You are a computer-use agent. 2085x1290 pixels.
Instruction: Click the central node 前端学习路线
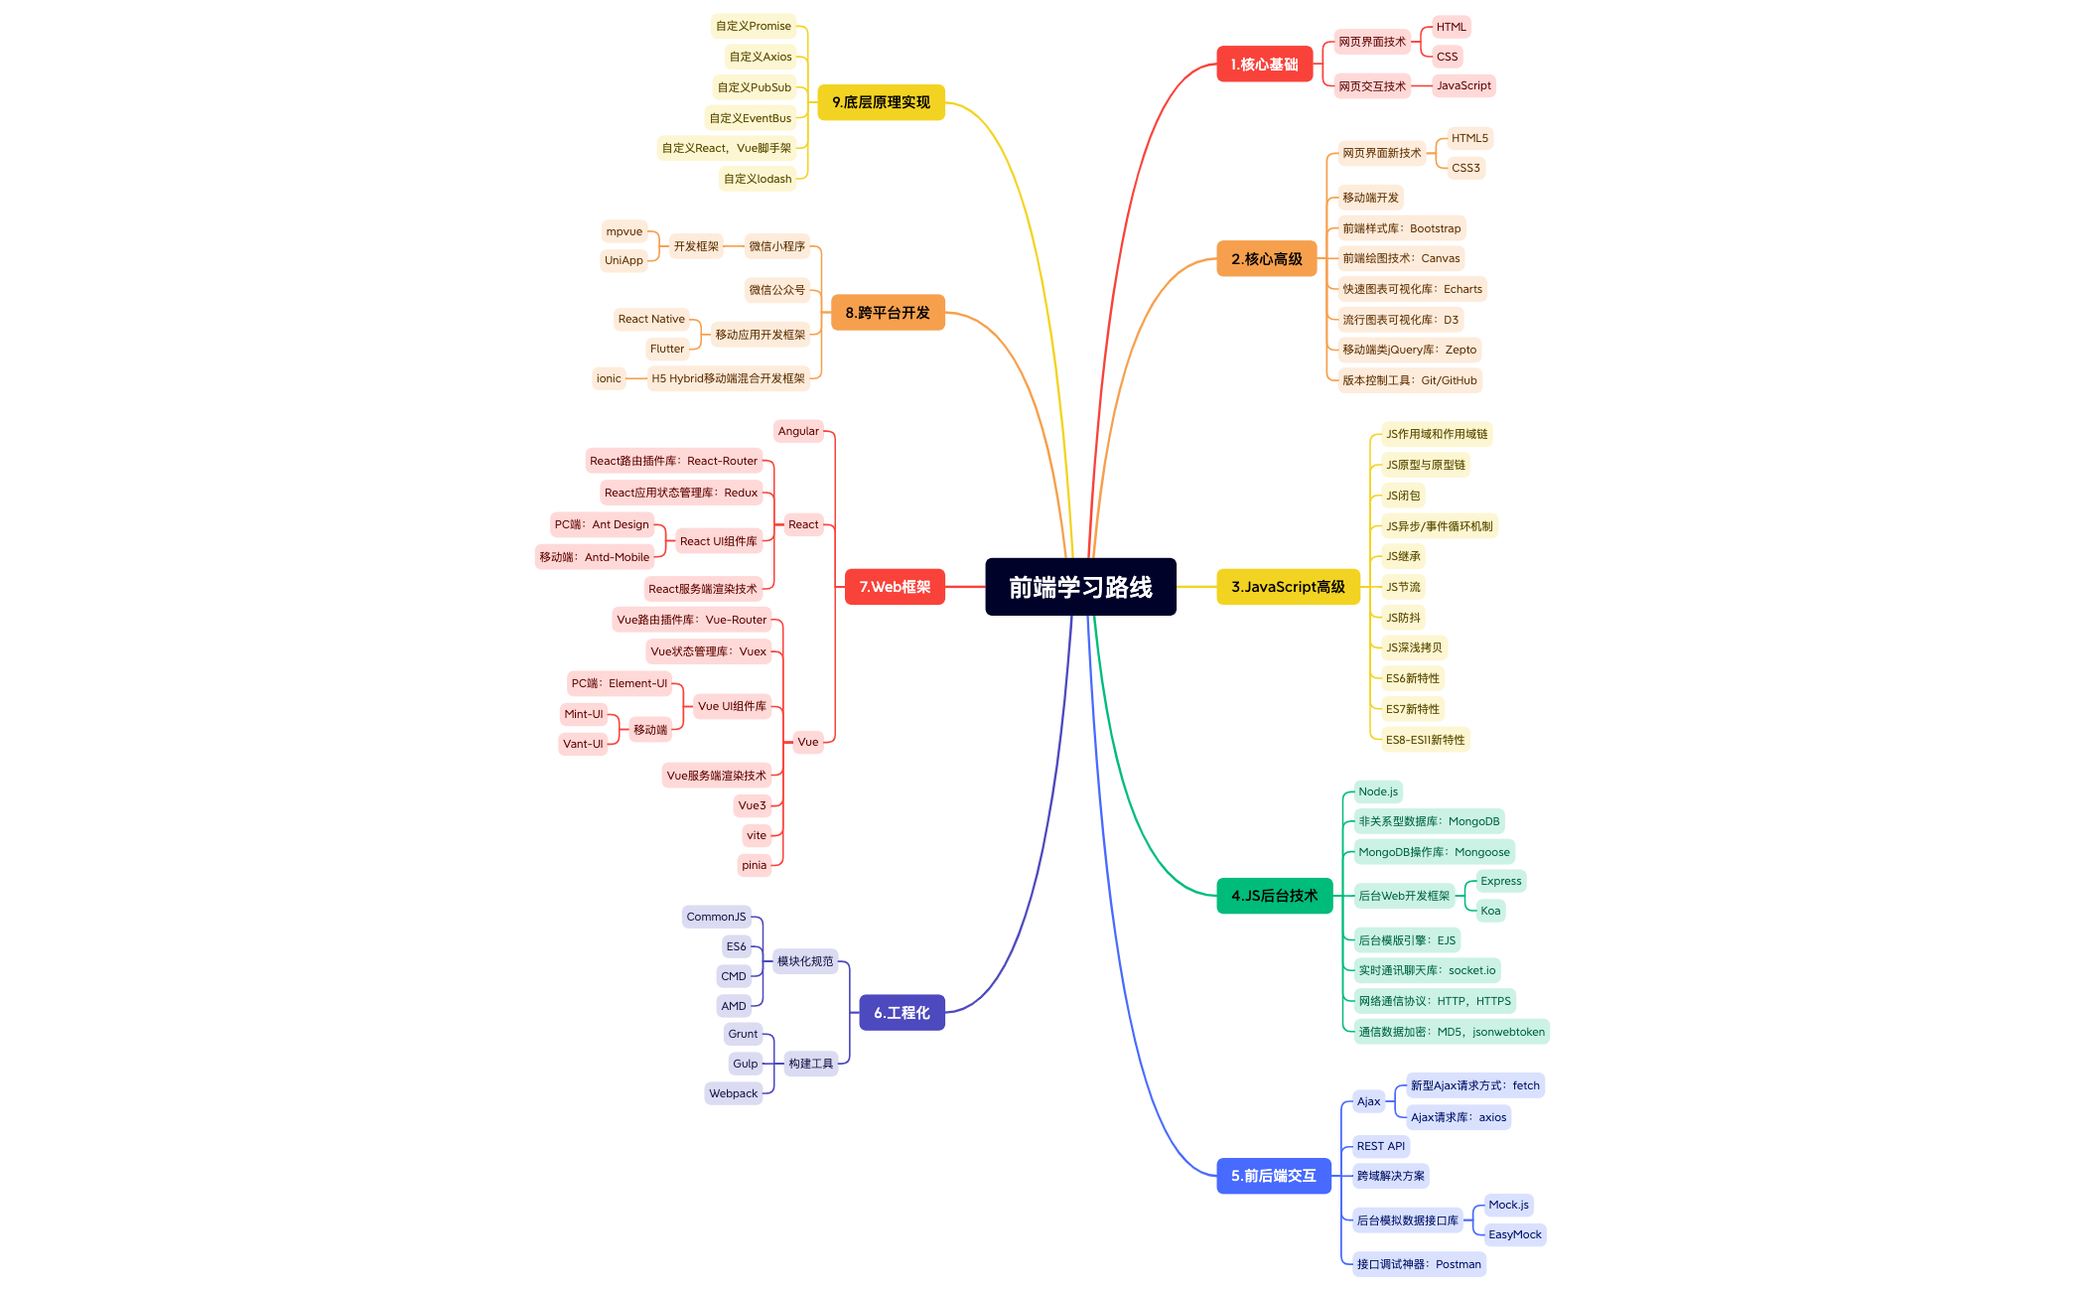(x=1080, y=587)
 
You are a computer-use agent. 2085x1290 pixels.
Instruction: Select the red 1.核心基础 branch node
(x=1264, y=65)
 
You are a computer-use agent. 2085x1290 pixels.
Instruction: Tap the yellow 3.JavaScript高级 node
(x=1288, y=587)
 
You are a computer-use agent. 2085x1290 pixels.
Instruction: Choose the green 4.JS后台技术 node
(x=1274, y=896)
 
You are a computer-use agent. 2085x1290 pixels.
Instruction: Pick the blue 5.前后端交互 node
(x=1273, y=1176)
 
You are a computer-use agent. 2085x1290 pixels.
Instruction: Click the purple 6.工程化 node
(x=902, y=1013)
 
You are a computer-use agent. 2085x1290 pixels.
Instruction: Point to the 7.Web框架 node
(x=895, y=587)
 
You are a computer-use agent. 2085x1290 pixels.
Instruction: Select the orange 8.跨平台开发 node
(x=888, y=313)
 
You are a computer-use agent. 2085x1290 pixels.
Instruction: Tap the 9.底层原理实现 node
(x=881, y=102)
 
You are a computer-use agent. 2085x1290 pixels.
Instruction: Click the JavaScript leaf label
(x=1463, y=85)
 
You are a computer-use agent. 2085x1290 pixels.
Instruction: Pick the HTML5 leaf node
(x=1469, y=138)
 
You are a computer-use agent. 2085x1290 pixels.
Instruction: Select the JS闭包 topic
(x=1403, y=496)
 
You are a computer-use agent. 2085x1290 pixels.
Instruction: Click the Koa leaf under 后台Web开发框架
(x=1490, y=911)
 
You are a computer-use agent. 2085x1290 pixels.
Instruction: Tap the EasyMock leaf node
(x=1515, y=1234)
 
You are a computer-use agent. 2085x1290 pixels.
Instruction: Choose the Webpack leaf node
(x=734, y=1093)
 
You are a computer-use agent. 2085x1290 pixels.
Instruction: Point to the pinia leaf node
(x=755, y=865)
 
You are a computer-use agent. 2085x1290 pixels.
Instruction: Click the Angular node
(x=798, y=431)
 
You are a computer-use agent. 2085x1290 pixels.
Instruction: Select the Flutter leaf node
(x=667, y=349)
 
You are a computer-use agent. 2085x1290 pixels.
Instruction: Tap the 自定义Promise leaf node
(x=754, y=26)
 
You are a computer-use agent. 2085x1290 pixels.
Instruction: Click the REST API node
(x=1381, y=1146)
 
